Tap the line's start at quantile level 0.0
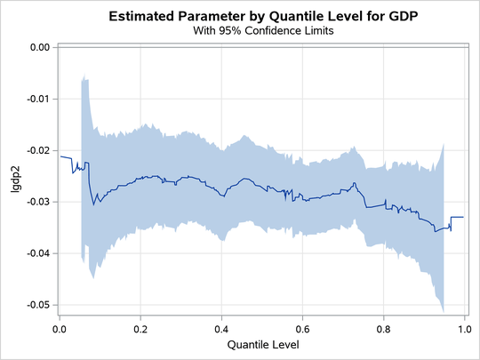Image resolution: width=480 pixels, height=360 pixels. [60, 156]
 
